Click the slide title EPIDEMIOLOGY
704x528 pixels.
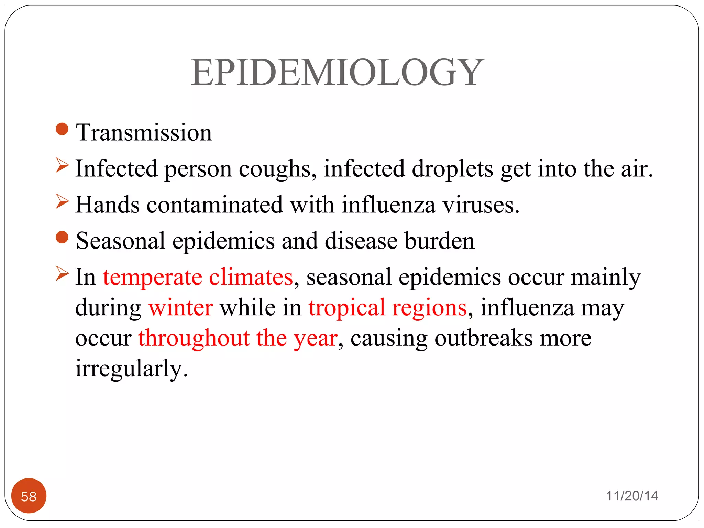point(337,73)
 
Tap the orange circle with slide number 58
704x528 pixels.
point(29,496)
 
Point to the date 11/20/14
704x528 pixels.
point(632,496)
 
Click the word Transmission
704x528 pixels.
point(144,133)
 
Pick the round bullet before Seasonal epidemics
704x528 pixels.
point(62,237)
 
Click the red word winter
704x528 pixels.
point(180,307)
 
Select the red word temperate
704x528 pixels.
point(152,277)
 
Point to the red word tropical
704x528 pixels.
point(346,307)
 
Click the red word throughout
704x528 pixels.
point(194,338)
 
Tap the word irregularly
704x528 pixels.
point(131,368)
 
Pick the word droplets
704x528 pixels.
point(452,169)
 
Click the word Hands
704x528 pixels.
point(107,205)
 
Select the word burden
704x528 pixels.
point(439,241)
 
